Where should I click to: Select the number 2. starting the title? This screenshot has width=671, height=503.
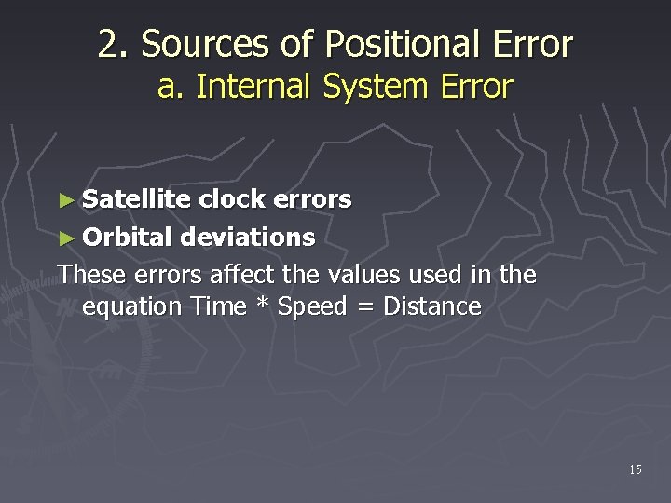point(114,44)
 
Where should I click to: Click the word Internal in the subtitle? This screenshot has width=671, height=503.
point(255,87)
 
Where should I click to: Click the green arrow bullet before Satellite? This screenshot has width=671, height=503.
point(64,199)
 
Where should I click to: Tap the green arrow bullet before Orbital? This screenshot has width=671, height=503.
point(64,238)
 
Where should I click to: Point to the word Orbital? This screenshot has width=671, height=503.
point(128,238)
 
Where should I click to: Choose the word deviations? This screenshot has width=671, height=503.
point(248,238)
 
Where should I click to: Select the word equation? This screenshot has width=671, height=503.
point(134,306)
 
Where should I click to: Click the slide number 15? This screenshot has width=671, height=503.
point(635,470)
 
